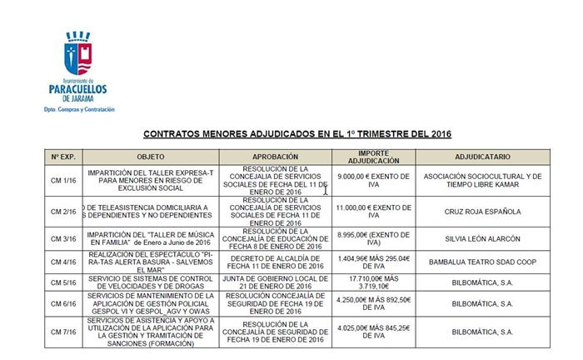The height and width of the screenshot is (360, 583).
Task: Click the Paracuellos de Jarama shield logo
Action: tap(79, 52)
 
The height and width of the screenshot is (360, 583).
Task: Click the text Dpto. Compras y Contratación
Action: tap(79, 110)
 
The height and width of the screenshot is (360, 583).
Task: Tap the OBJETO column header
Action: tap(151, 157)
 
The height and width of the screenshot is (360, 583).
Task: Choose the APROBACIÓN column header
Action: tap(275, 157)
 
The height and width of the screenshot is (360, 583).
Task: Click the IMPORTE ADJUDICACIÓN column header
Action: tap(367, 157)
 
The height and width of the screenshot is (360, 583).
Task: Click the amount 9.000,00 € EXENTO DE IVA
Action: tap(367, 181)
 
